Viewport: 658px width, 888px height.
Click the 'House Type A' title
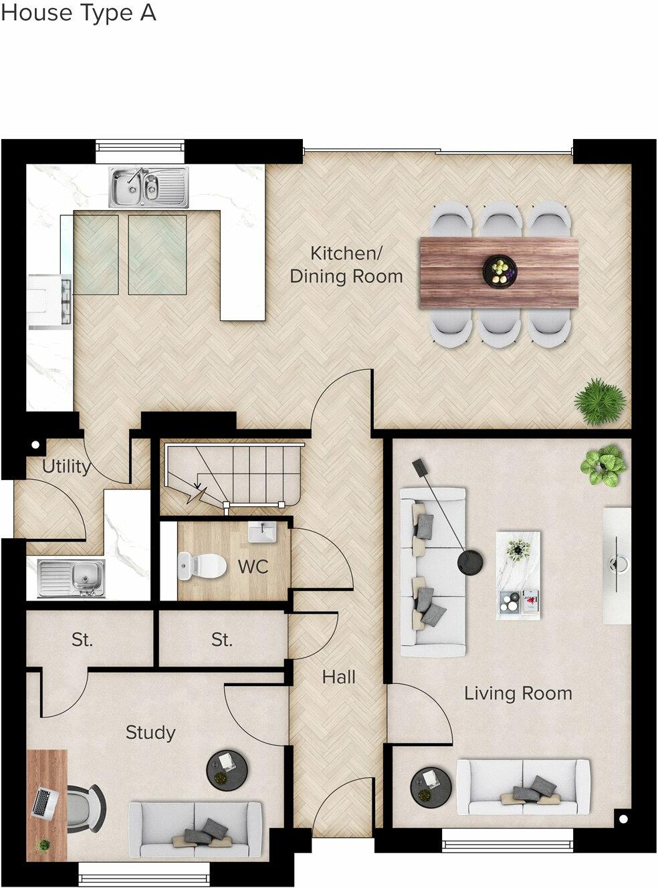point(78,13)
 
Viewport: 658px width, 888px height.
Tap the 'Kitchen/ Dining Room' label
point(346,265)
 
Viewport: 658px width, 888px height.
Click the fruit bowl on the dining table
point(500,271)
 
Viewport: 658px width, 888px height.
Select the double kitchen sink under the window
point(150,187)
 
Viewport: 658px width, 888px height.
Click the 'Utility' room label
point(66,466)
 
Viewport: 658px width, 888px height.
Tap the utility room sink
point(71,576)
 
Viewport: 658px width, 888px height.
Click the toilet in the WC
point(202,566)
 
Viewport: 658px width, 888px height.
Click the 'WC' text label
point(253,567)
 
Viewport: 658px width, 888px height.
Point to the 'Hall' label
point(338,677)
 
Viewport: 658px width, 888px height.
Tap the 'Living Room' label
point(518,693)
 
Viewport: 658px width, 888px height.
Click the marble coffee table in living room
point(518,575)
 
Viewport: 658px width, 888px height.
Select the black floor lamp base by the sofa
point(471,562)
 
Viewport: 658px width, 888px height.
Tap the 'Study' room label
point(150,733)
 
